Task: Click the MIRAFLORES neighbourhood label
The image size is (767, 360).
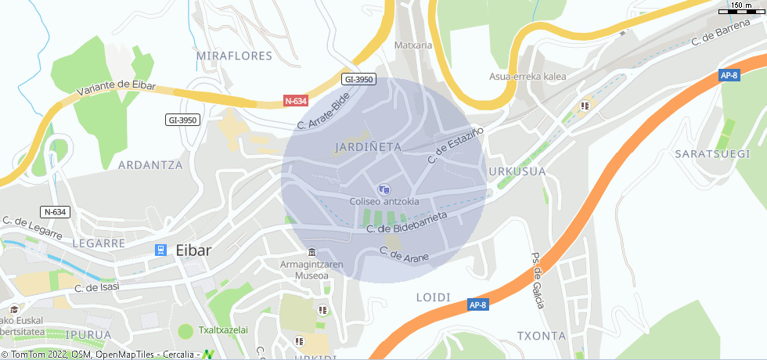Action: pyautogui.click(x=234, y=56)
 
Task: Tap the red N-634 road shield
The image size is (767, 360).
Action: pyautogui.click(x=295, y=101)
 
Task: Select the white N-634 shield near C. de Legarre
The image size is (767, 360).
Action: pyautogui.click(x=56, y=211)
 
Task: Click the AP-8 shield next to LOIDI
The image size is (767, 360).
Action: pyautogui.click(x=478, y=304)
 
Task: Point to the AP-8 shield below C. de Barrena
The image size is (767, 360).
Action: pyautogui.click(x=729, y=75)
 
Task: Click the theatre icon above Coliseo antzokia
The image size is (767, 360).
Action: pyautogui.click(x=383, y=189)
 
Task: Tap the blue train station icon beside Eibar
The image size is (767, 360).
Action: pyautogui.click(x=160, y=250)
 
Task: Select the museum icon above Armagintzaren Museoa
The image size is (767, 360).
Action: pyautogui.click(x=312, y=252)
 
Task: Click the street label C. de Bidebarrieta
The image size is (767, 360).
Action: pyautogui.click(x=407, y=221)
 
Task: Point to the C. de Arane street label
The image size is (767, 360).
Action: pyautogui.click(x=404, y=254)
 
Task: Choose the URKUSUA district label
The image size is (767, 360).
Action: pyautogui.click(x=517, y=171)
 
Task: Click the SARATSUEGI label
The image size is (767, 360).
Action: pyautogui.click(x=712, y=153)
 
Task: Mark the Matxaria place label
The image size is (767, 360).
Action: pyautogui.click(x=413, y=45)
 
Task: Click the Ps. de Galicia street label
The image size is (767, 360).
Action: pyautogui.click(x=538, y=280)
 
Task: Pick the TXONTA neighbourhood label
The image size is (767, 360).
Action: pyautogui.click(x=541, y=336)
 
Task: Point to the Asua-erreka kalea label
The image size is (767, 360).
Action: pyautogui.click(x=528, y=77)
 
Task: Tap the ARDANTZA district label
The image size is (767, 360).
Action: pyautogui.click(x=149, y=165)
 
